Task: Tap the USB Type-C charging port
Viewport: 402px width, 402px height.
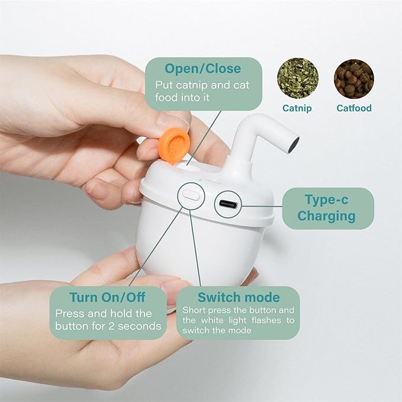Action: [x=227, y=205]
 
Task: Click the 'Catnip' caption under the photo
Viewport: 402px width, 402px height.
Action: [x=297, y=108]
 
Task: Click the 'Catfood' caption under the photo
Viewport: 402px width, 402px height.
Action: [x=354, y=108]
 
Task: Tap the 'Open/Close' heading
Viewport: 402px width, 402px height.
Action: [x=203, y=69]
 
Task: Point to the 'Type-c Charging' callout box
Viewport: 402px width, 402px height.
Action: [x=327, y=208]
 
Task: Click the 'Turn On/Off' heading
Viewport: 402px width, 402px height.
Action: [x=107, y=297]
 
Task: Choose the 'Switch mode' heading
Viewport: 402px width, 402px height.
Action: [x=239, y=297]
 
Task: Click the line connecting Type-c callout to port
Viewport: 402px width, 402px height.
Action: [x=262, y=207]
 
